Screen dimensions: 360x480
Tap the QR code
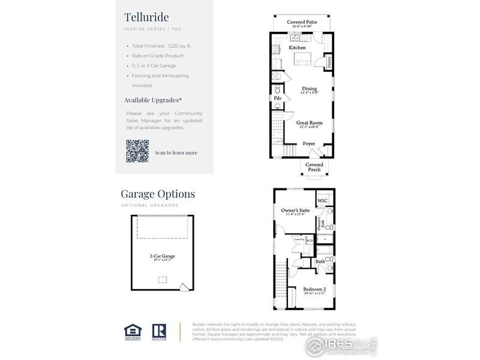tap(137, 151)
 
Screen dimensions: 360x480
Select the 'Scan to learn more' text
tap(176, 152)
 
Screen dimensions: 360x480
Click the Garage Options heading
tap(158, 194)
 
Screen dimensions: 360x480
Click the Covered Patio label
tap(302, 22)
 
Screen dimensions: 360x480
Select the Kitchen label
tap(297, 47)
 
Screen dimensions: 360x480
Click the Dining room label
tap(310, 88)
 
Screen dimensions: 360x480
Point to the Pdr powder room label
tap(278, 98)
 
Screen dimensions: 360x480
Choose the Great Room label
tap(309, 122)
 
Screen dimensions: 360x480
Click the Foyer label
tap(309, 143)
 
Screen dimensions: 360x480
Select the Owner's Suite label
tap(295, 211)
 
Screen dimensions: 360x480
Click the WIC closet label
tap(322, 200)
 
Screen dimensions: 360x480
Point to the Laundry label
tap(299, 239)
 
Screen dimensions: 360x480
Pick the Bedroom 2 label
tap(314, 288)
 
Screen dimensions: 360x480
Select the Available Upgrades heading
tap(153, 100)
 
